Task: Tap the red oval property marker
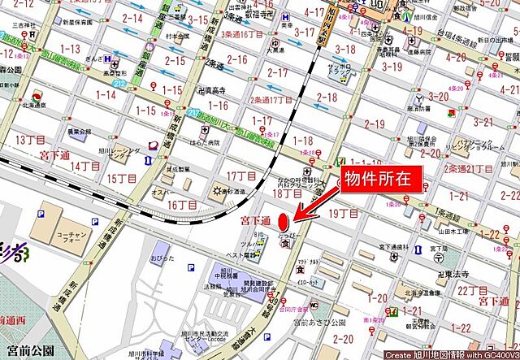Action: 283,221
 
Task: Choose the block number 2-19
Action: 375,124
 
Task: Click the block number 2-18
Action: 327,98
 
